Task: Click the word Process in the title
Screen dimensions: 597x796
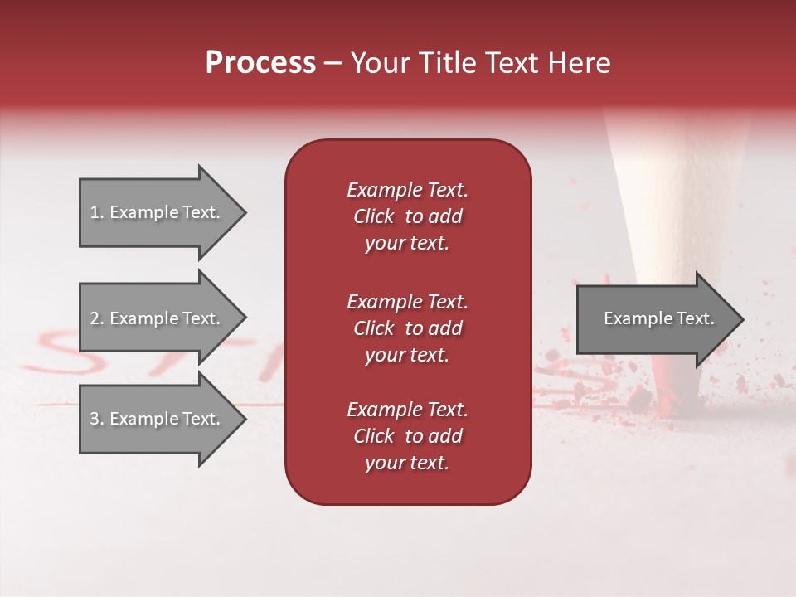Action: coord(260,63)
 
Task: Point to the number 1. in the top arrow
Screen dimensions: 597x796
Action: coord(97,212)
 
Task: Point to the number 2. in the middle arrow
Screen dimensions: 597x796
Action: coord(97,318)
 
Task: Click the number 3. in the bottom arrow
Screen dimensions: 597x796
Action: coord(97,419)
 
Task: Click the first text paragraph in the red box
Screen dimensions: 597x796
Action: coord(407,216)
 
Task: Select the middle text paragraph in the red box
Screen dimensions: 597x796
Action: coord(407,328)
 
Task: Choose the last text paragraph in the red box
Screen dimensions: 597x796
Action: coord(407,436)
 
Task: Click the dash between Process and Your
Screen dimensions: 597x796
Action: coord(332,63)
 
